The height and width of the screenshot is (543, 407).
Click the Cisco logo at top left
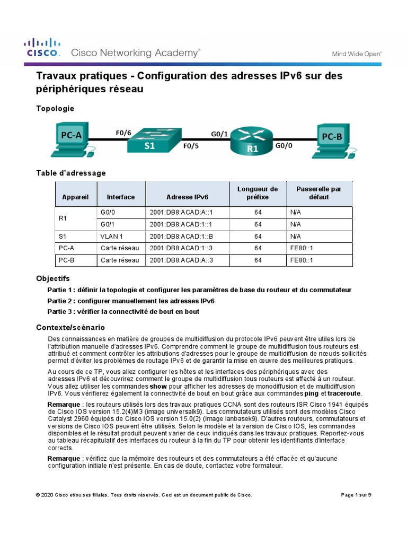pyautogui.click(x=43, y=48)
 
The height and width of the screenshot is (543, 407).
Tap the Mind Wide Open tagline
pyautogui.click(x=357, y=54)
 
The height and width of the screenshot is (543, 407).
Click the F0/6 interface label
pyautogui.click(x=123, y=133)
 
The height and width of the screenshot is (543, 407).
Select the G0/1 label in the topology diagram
pyautogui.click(x=219, y=134)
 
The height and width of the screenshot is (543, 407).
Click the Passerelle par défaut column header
pyautogui.click(x=319, y=193)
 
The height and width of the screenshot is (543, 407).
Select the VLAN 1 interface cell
pyautogui.click(x=111, y=237)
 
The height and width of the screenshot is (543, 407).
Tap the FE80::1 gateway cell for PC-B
pyautogui.click(x=302, y=260)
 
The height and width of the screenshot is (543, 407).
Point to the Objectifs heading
pyautogui.click(x=52, y=278)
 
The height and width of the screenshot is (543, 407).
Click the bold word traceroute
pyautogui.click(x=344, y=393)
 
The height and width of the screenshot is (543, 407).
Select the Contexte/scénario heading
pyautogui.click(x=70, y=327)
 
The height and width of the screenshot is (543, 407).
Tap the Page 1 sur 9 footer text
pyautogui.click(x=356, y=495)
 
